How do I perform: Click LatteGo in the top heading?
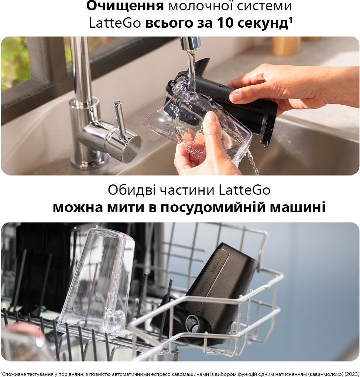tap(115, 23)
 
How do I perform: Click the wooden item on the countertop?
tap(287, 46)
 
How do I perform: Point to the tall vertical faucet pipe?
tap(79, 70)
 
